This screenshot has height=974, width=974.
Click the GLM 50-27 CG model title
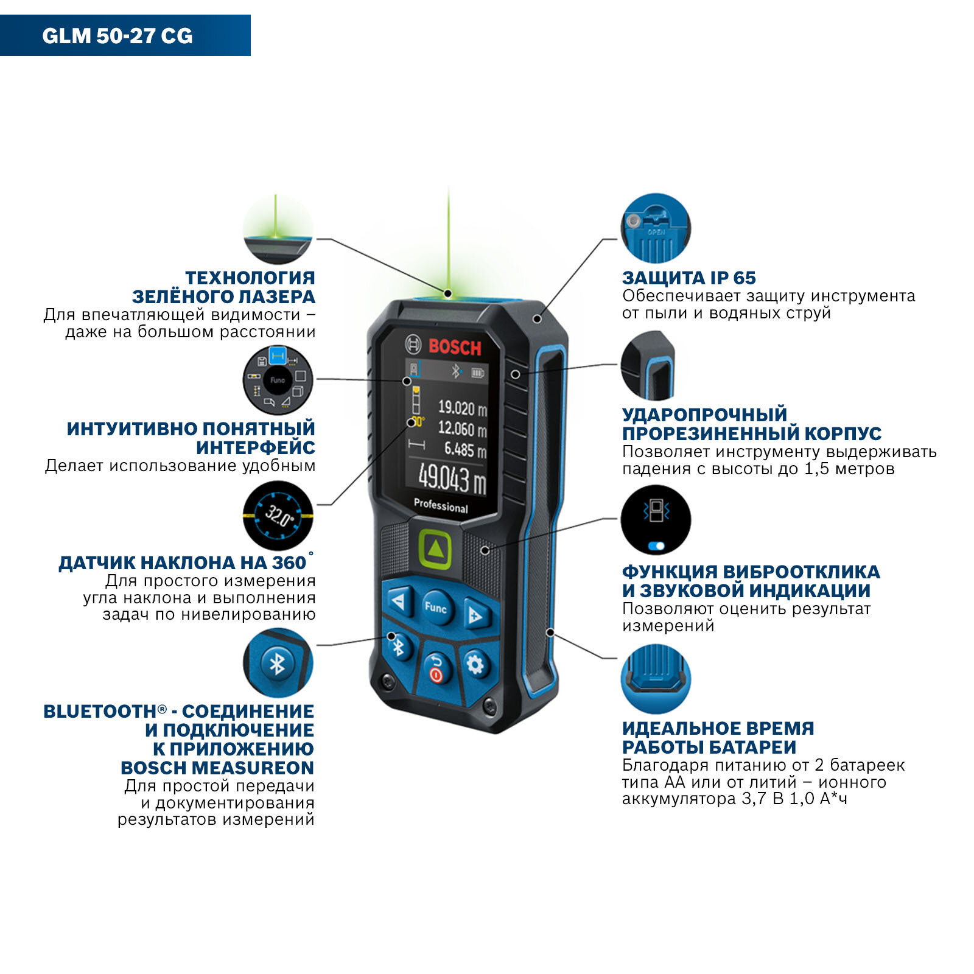click(x=117, y=36)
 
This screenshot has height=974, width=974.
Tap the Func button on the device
click(x=435, y=607)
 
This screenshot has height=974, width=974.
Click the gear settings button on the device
click(x=475, y=664)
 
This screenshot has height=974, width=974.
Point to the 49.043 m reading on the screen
click(x=452, y=478)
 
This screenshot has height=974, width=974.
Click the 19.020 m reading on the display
click(x=463, y=407)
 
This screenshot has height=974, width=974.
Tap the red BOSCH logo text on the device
click(x=454, y=348)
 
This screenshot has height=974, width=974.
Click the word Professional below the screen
click(x=441, y=506)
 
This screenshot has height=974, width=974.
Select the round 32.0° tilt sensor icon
click(x=278, y=516)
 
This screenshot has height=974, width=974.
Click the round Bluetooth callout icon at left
click(x=278, y=663)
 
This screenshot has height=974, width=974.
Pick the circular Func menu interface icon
click(x=278, y=380)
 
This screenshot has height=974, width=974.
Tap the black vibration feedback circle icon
click(x=656, y=520)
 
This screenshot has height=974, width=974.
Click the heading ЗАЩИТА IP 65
click(x=688, y=278)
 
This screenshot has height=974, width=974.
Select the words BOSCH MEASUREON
click(x=217, y=768)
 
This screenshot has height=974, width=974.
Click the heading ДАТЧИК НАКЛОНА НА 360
click(x=182, y=562)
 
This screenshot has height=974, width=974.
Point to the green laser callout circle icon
click(x=278, y=229)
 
